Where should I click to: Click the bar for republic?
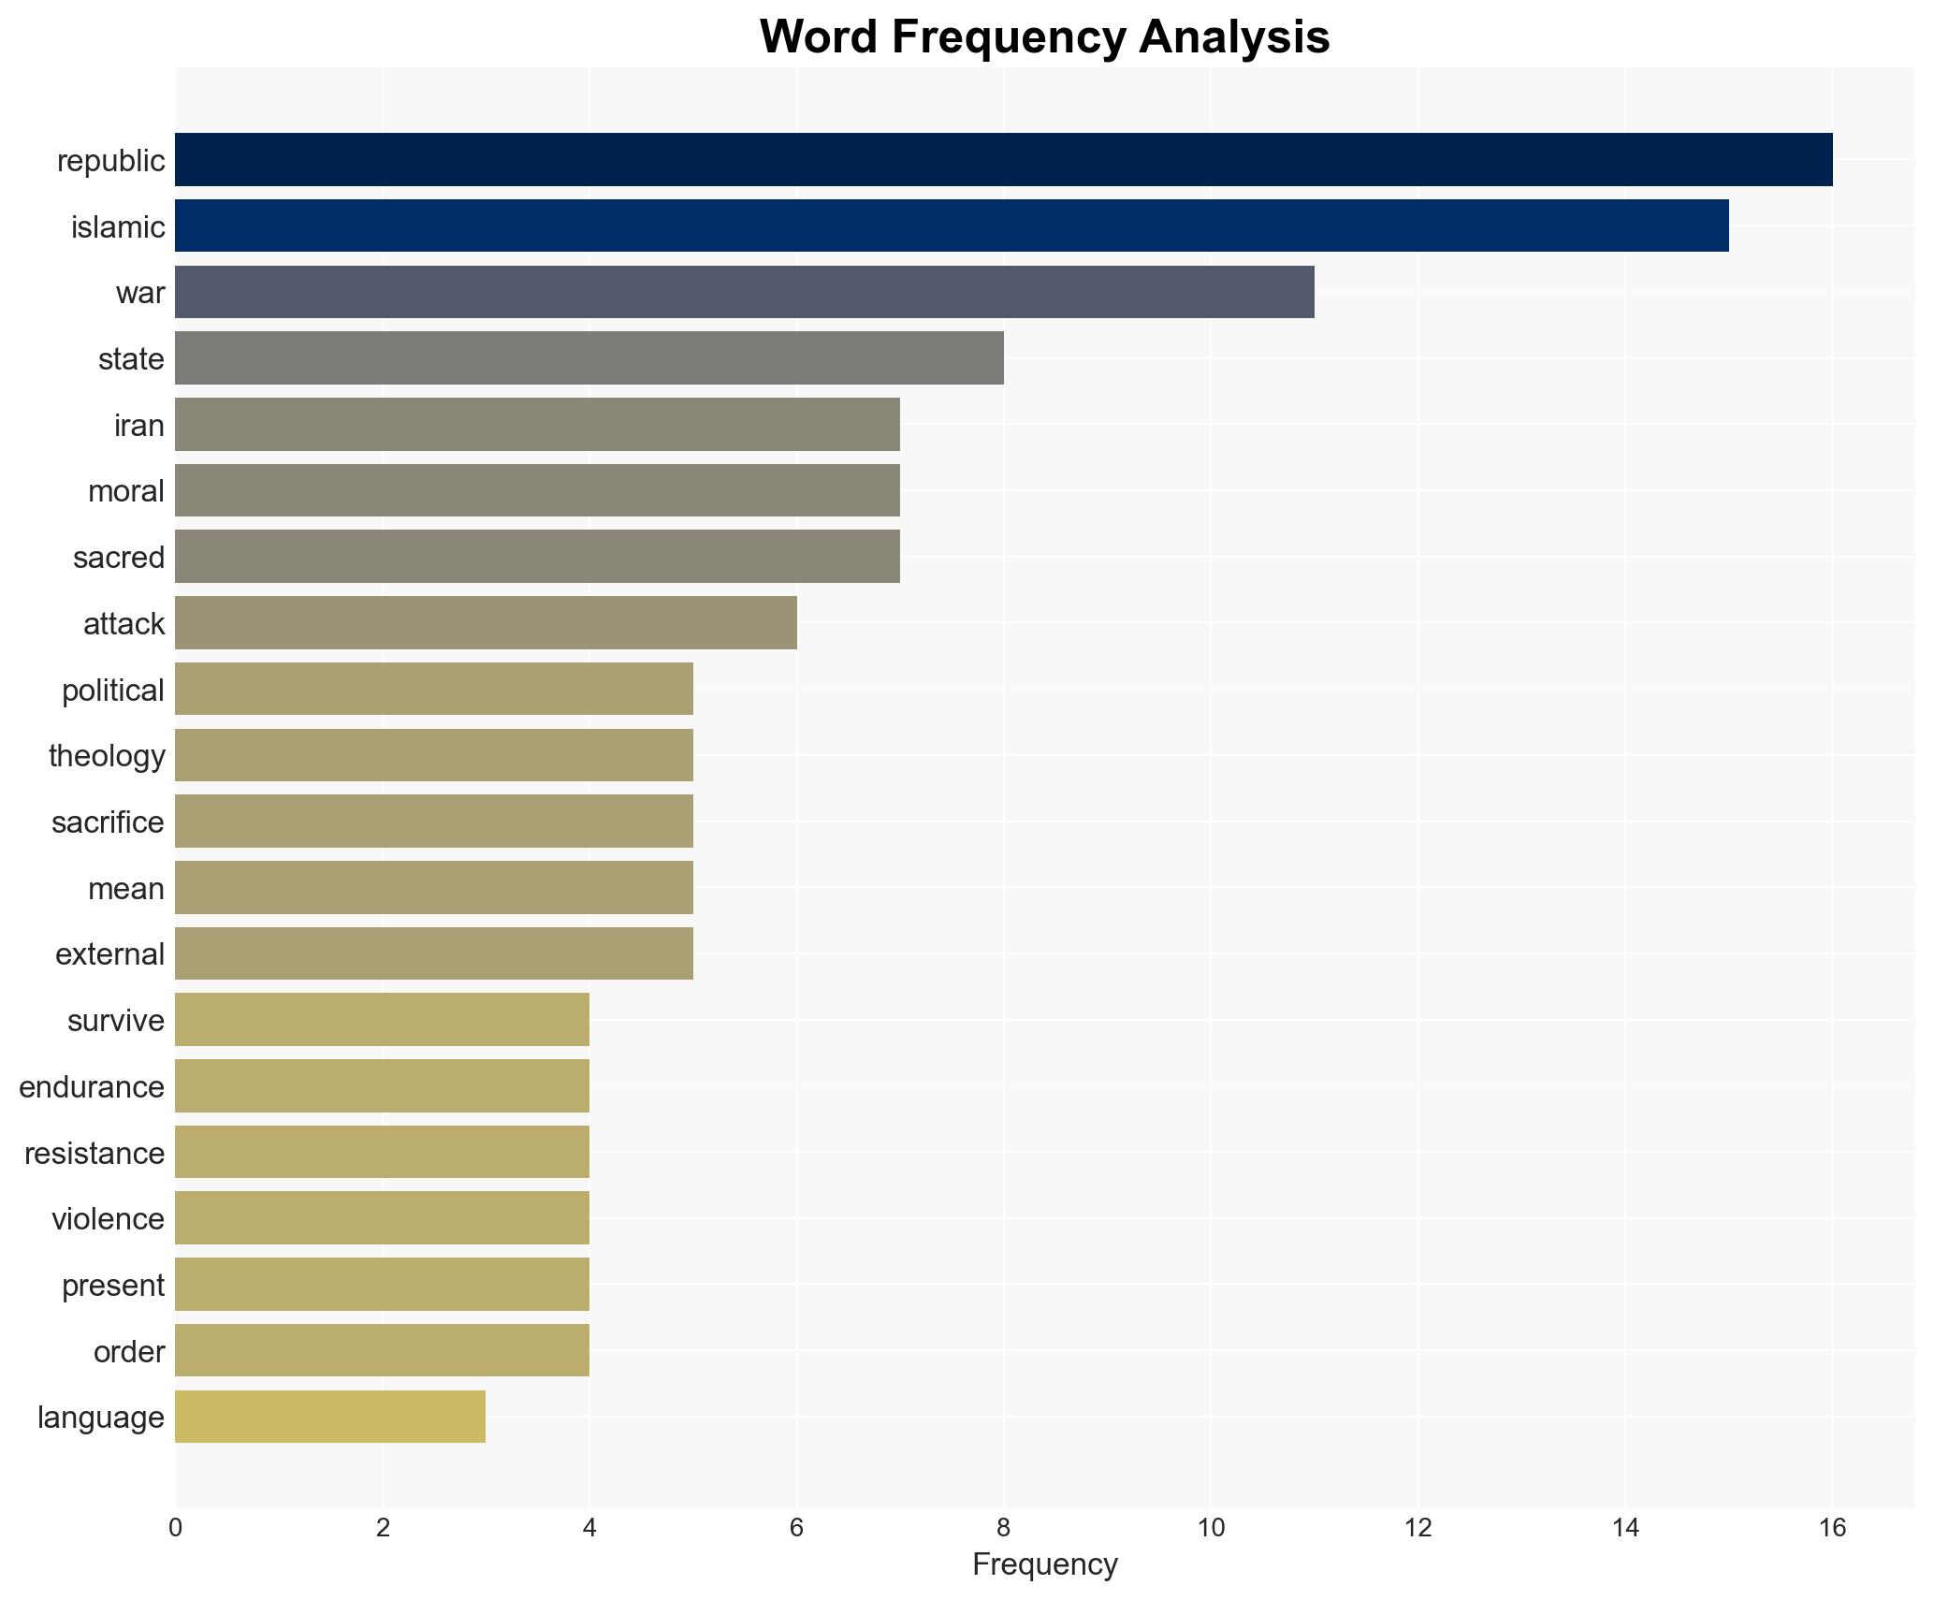pyautogui.click(x=1003, y=159)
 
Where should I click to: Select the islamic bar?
pyautogui.click(x=952, y=225)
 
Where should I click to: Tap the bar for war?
pyautogui.click(x=744, y=292)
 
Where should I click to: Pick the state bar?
pyautogui.click(x=589, y=358)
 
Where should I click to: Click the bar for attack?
pyautogui.click(x=486, y=622)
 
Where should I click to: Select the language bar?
pyautogui.click(x=329, y=1417)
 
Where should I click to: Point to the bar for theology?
pyautogui.click(x=433, y=755)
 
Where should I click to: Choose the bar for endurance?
pyautogui.click(x=382, y=1086)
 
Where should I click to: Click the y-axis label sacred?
pyautogui.click(x=119, y=558)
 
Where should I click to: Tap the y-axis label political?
pyautogui.click(x=113, y=691)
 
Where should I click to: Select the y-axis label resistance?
pyautogui.click(x=95, y=1154)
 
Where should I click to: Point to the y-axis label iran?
pyautogui.click(x=139, y=426)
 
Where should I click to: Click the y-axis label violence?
pyautogui.click(x=108, y=1219)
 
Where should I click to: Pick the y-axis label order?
pyautogui.click(x=129, y=1352)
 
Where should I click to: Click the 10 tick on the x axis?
pyautogui.click(x=1211, y=1528)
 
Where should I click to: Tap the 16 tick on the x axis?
pyautogui.click(x=1832, y=1528)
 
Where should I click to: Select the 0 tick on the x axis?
pyautogui.click(x=175, y=1528)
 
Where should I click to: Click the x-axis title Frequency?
pyautogui.click(x=1044, y=1564)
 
